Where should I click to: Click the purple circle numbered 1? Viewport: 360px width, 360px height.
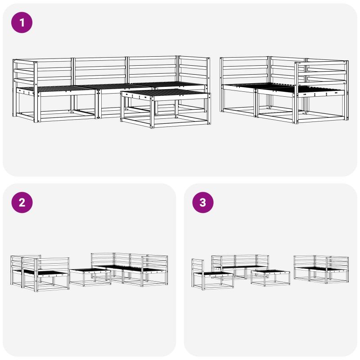[x=22, y=22]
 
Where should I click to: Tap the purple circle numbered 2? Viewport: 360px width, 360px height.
[x=22, y=202]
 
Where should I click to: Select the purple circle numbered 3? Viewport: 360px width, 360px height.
[x=203, y=202]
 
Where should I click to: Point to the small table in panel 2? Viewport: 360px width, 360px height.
[x=90, y=277]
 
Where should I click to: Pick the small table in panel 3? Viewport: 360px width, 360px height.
[x=270, y=278]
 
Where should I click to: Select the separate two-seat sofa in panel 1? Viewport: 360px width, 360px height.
[x=284, y=90]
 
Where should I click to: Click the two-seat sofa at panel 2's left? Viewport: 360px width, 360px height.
[x=40, y=273]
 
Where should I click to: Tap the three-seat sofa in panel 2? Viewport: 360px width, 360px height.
[x=130, y=270]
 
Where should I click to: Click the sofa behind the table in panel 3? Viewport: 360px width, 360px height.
[x=240, y=266]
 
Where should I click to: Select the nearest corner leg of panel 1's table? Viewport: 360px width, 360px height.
[x=152, y=112]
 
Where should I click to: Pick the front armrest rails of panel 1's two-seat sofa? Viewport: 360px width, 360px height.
[x=321, y=74]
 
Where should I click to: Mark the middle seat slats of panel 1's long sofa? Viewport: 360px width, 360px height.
[x=115, y=86]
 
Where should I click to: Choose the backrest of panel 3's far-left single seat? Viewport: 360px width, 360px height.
[x=198, y=266]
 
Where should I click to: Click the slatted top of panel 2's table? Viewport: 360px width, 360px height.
[x=90, y=270]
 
